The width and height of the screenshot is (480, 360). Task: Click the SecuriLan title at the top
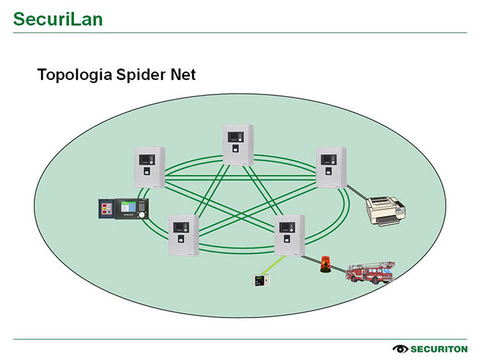point(58,18)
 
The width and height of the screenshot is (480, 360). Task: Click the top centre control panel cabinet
point(237,144)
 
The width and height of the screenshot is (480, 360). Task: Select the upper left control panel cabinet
point(149,166)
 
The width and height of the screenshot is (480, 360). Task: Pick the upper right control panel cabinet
point(331,166)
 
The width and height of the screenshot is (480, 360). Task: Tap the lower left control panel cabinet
point(182,235)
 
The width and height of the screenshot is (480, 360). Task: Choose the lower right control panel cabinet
point(288,235)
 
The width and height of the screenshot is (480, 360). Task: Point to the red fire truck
point(370,273)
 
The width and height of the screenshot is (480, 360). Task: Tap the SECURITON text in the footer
point(438,348)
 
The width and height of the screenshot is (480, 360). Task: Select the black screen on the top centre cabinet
point(235,136)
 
